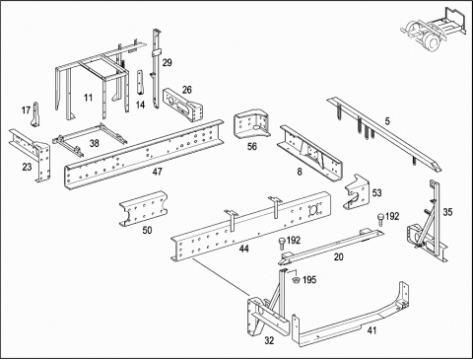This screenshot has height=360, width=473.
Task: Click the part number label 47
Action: point(158,172)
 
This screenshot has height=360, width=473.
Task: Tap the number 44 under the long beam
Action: point(243,249)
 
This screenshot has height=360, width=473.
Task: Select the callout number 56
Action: point(252,146)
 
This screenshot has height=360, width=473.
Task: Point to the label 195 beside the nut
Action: point(309,280)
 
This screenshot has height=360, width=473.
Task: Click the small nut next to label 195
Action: point(296,280)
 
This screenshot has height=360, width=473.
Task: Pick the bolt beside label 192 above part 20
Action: point(282,244)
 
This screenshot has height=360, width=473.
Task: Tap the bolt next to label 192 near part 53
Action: point(380,219)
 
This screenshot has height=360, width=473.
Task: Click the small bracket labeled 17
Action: point(34,114)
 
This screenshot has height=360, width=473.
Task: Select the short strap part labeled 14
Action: point(140,82)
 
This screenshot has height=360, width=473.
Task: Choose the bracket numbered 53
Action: point(356,191)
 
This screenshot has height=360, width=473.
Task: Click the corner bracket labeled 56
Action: point(251,124)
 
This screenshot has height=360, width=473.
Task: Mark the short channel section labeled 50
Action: point(143,208)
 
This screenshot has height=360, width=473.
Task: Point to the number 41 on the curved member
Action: point(372,329)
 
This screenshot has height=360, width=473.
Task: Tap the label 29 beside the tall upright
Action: point(167,62)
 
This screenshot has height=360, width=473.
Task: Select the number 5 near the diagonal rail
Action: point(387,121)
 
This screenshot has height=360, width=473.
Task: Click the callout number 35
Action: point(447,212)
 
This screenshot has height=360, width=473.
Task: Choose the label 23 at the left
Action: point(27,167)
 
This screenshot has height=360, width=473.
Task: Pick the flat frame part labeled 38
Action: point(90,140)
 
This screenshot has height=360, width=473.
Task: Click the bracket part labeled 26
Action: point(182,106)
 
